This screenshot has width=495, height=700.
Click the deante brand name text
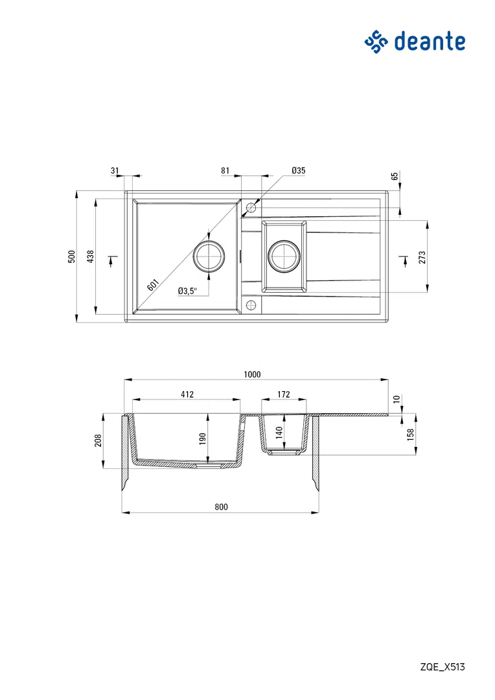[x=430, y=41]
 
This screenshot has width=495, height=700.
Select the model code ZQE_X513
[x=443, y=667]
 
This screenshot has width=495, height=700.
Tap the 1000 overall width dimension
[x=252, y=374]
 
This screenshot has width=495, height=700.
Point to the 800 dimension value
[x=221, y=506]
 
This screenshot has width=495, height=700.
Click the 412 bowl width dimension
[x=187, y=394]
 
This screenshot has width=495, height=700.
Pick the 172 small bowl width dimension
[x=284, y=394]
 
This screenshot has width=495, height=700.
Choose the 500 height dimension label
[x=71, y=256]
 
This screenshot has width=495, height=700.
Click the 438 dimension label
[x=91, y=256]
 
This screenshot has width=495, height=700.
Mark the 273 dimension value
[x=422, y=257]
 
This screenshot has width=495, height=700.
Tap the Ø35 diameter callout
[x=299, y=170]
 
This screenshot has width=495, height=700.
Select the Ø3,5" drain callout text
[x=187, y=291]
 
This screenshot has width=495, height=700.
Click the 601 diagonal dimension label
[x=153, y=285]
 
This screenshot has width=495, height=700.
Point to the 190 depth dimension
[x=202, y=439]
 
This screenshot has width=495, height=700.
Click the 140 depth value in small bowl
[x=279, y=433]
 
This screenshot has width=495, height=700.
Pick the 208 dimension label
[x=98, y=440]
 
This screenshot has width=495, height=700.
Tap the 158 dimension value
[x=411, y=435]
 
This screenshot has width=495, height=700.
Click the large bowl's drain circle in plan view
[x=208, y=256]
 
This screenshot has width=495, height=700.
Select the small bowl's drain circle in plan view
[x=283, y=256]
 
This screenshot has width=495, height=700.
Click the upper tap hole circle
[x=251, y=208]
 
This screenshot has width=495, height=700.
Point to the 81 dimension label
[x=225, y=170]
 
